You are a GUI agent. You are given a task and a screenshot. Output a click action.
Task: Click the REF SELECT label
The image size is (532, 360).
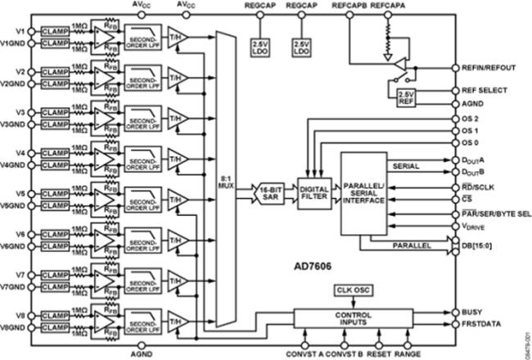point(487,90)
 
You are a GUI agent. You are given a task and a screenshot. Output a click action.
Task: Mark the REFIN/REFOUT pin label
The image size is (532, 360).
point(489,68)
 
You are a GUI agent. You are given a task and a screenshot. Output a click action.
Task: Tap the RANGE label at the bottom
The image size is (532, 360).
point(408,354)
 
